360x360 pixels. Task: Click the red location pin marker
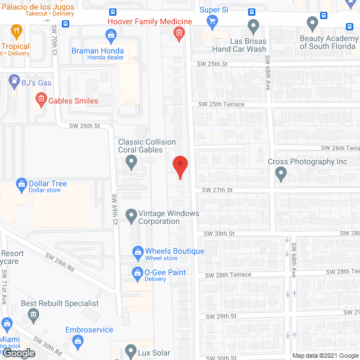[179, 167]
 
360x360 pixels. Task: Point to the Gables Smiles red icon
[40, 101]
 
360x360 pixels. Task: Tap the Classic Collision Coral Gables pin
[132, 163]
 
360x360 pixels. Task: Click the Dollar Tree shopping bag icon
[22, 184]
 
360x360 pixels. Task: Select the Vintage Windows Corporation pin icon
[130, 214]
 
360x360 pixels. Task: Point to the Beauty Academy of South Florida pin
[313, 24]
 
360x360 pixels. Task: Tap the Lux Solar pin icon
[130, 350]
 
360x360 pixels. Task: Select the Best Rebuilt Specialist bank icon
[34, 314]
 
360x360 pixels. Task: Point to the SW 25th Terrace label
[221, 105]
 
